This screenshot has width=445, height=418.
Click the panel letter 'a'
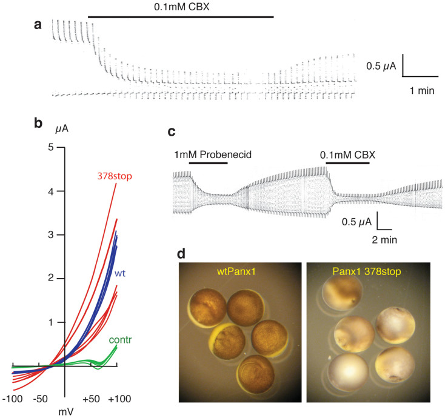coord(38,25)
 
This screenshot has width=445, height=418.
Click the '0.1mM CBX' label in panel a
coord(180,8)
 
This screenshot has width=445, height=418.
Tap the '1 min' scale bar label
coord(421,90)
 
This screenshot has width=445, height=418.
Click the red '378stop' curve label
coord(115,176)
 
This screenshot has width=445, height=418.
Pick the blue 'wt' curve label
coord(121,273)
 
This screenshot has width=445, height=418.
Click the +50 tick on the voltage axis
coord(91,399)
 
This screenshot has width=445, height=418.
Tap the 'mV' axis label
coord(65,412)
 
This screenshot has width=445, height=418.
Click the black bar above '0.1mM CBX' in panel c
coord(348,163)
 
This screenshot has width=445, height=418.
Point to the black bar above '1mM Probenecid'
coord(208,163)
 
